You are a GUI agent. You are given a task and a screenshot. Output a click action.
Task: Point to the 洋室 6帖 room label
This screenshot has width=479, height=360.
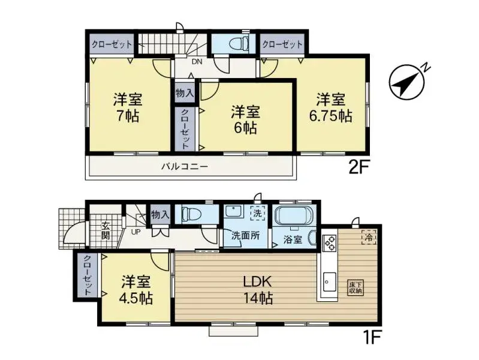[x=245, y=119]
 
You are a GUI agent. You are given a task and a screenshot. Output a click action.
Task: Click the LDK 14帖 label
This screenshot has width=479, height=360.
[x=258, y=289]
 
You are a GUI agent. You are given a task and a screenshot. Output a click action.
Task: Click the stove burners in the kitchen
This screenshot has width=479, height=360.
[x=330, y=243]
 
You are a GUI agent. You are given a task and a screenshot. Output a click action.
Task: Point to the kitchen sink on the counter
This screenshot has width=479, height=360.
[x=330, y=280]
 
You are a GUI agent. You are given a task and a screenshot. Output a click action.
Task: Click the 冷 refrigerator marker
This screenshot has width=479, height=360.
[x=368, y=238]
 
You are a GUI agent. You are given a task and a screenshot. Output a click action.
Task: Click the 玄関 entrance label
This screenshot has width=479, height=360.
[x=106, y=230]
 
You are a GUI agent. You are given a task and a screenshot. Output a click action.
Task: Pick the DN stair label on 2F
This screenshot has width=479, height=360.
[x=196, y=61]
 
